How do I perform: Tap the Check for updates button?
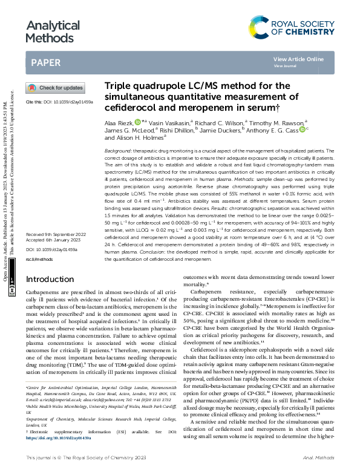(x=55, y=88)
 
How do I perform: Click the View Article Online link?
(x=298, y=59)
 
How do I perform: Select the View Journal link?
(x=284, y=66)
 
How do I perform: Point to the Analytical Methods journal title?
(x=53, y=31)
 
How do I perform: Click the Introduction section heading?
(x=54, y=279)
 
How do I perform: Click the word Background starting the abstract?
(x=119, y=149)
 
